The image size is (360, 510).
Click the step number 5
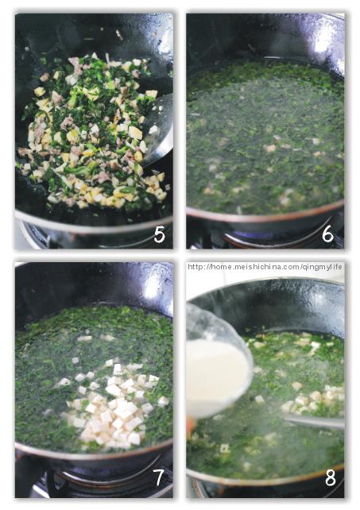click(159, 235)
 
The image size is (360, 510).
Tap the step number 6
click(328, 235)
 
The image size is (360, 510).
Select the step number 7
click(159, 478)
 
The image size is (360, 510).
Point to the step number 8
click(329, 478)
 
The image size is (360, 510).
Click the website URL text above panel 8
click(265, 267)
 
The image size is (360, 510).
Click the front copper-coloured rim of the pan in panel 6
click(262, 217)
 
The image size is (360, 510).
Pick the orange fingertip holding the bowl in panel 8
click(190, 425)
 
